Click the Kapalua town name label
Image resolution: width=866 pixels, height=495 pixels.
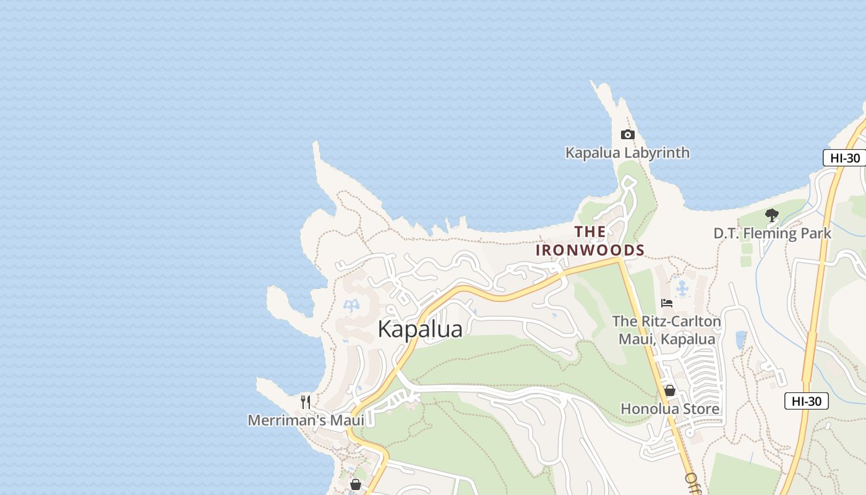(420, 329)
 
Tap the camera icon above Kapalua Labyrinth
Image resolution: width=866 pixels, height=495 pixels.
(627, 135)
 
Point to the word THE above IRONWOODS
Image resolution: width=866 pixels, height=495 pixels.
(590, 232)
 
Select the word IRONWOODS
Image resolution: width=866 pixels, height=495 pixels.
(590, 250)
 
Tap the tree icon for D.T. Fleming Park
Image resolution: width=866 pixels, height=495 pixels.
(771, 215)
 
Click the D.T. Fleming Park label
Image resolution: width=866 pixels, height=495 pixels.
(772, 233)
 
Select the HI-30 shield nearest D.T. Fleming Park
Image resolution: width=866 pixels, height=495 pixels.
(844, 158)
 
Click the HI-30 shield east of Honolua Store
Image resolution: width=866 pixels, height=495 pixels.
(806, 401)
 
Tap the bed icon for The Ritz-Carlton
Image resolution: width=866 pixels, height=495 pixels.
(667, 303)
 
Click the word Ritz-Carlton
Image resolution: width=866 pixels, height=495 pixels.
(682, 322)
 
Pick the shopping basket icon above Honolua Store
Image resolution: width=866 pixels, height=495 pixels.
(669, 390)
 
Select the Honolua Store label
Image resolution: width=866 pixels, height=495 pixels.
(669, 409)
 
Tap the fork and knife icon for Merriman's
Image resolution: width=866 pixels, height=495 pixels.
(306, 402)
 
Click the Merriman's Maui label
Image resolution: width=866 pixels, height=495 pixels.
(306, 421)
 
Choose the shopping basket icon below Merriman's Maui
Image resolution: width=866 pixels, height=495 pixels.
(355, 484)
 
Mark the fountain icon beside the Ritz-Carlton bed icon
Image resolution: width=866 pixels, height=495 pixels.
(682, 288)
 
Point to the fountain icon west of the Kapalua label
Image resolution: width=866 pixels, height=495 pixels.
(351, 305)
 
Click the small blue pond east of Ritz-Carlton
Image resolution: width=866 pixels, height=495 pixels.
(740, 339)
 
